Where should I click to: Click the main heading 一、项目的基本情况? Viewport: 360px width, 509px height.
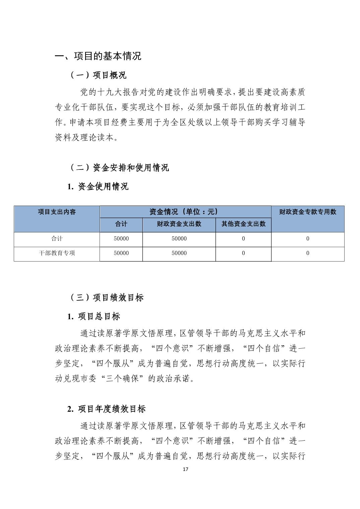[98, 56]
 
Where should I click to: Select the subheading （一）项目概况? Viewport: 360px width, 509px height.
[98, 75]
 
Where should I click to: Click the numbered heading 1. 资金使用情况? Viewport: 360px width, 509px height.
[98, 187]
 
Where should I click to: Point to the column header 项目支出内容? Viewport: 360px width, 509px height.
[57, 212]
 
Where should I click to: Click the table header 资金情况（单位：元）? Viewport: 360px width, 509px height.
[185, 212]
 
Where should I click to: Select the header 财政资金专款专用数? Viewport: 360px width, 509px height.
[307, 212]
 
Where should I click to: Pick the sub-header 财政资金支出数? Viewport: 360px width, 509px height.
[179, 224]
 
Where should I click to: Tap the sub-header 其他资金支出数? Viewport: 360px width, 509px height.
[243, 224]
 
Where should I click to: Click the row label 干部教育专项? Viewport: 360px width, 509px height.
[57, 253]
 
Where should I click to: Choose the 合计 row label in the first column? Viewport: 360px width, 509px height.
[57, 238]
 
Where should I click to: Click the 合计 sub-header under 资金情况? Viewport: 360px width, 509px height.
[121, 224]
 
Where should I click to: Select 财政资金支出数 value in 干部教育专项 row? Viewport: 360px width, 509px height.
[179, 253]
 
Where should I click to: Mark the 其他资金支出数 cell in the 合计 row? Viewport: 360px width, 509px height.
[243, 238]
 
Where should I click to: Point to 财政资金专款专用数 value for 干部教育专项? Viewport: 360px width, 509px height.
[307, 253]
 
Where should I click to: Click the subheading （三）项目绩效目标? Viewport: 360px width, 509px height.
[107, 297]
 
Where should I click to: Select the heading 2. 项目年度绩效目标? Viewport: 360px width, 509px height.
[106, 409]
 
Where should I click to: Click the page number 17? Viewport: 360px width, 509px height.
[186, 469]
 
